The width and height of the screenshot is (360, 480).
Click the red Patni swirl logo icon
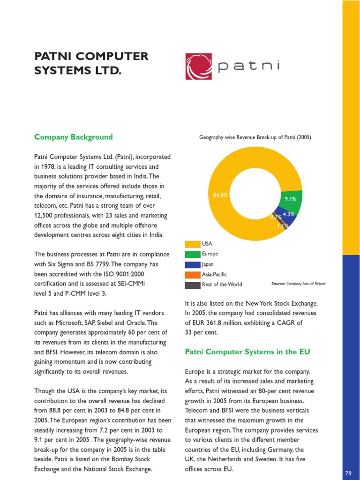click(200, 67)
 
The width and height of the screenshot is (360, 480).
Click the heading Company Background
click(74, 137)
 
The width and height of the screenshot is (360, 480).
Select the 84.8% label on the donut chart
click(220, 195)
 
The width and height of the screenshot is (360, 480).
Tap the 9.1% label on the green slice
click(291, 199)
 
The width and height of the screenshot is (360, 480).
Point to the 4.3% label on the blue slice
click(289, 215)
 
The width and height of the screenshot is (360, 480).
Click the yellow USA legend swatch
click(192, 244)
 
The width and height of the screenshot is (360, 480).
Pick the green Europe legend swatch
click(192, 254)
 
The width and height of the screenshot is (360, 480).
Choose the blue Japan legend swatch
click(192, 264)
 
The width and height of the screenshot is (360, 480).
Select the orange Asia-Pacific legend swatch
click(192, 275)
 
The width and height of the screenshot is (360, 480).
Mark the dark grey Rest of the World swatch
click(192, 285)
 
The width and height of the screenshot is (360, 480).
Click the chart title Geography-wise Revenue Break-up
click(255, 137)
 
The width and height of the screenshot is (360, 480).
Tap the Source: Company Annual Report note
click(298, 284)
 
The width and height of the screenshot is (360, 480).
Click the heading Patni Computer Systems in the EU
click(247, 352)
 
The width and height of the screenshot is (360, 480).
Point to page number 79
click(348, 473)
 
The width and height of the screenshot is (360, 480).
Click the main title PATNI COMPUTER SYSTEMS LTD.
click(91, 64)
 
